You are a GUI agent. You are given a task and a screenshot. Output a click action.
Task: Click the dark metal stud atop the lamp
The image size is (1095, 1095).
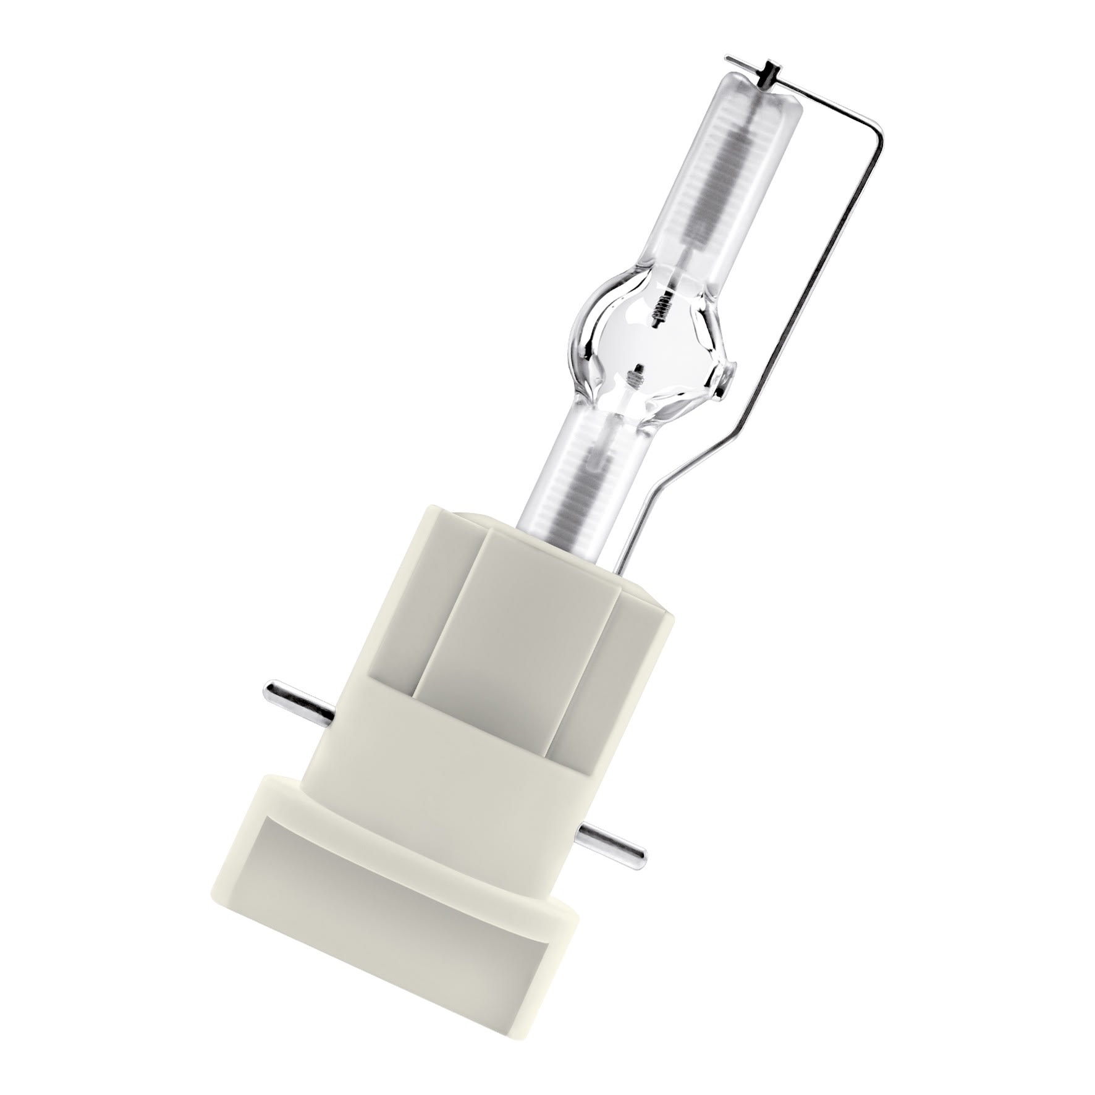[x=770, y=73]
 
